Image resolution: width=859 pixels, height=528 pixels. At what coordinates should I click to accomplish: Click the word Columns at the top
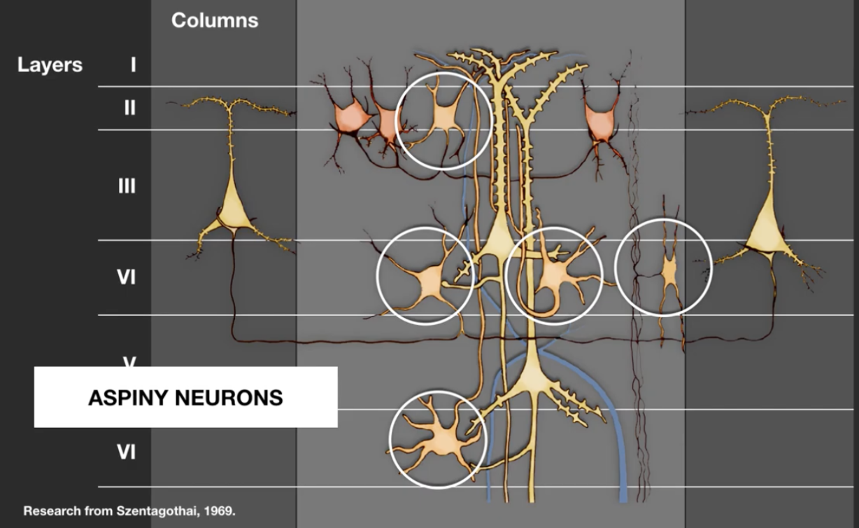215,20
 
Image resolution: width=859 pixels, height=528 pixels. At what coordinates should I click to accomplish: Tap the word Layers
50,65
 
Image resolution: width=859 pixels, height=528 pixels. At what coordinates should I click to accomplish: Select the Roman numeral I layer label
133,65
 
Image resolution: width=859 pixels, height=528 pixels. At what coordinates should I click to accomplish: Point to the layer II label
129,108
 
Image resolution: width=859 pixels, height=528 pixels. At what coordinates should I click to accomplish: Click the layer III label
127,186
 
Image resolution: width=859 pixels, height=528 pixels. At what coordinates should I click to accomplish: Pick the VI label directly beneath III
126,277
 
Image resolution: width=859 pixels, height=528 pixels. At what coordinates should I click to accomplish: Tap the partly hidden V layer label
129,362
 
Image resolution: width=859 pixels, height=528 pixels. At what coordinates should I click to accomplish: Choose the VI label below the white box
126,452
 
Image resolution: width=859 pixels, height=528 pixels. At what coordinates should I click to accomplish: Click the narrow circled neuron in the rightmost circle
669,269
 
